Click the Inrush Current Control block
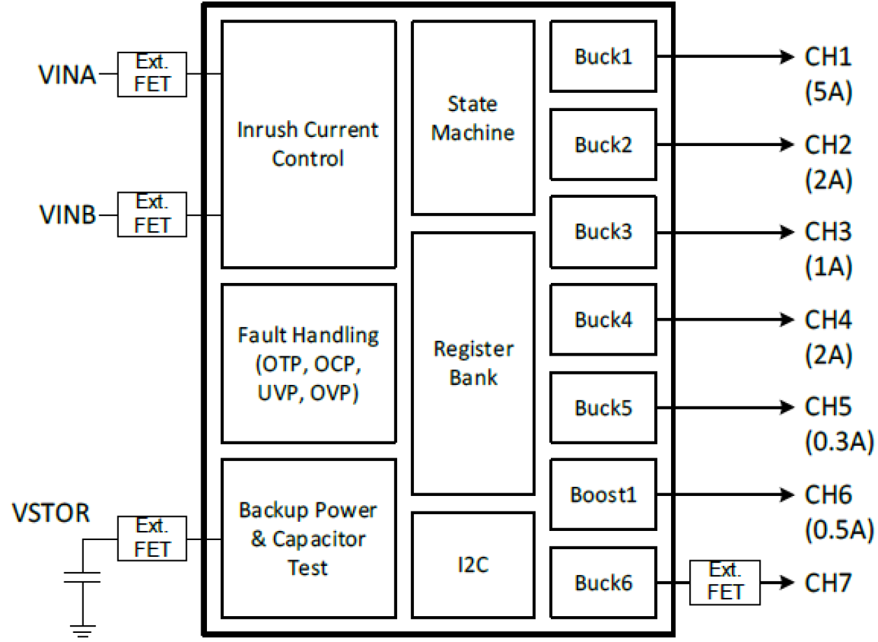click(308, 144)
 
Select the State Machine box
click(473, 117)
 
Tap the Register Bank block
click(473, 363)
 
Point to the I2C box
click(473, 564)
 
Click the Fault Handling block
click(308, 363)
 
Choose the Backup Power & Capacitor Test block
click(308, 538)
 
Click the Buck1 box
click(603, 57)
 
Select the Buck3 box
click(603, 232)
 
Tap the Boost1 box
click(603, 495)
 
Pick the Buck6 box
click(603, 583)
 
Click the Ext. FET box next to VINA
click(152, 73)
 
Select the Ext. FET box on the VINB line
click(152, 214)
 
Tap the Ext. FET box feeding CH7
click(725, 583)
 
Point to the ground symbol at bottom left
click(82, 631)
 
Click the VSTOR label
click(51, 513)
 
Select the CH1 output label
click(828, 57)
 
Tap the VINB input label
click(67, 215)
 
